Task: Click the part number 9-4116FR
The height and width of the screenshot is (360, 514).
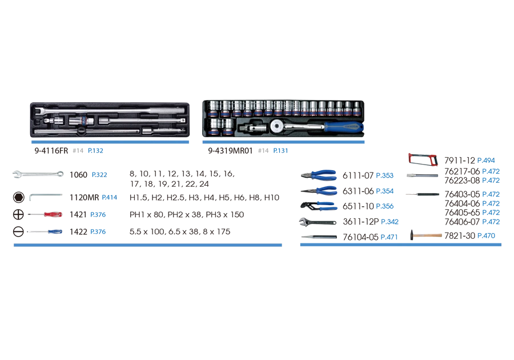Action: tap(51, 150)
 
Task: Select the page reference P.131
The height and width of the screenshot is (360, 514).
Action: tap(280, 150)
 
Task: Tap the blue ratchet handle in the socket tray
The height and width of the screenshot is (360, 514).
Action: tap(344, 127)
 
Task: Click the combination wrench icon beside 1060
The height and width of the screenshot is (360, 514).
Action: tap(38, 174)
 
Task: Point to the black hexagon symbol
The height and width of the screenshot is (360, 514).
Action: tap(19, 197)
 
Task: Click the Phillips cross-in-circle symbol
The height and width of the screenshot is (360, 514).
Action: tap(18, 215)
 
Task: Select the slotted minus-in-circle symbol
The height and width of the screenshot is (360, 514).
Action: tap(18, 232)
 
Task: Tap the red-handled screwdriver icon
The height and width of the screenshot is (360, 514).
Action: tap(45, 214)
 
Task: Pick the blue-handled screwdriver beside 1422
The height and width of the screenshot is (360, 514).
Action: tap(45, 231)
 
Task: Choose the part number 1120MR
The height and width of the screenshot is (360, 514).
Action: tap(85, 197)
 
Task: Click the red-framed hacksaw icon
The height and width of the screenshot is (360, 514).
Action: tap(423, 159)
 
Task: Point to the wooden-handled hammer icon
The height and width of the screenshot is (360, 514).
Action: tap(425, 235)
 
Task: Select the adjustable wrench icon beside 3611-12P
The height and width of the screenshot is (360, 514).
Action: tap(318, 222)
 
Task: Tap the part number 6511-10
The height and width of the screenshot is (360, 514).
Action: tap(358, 206)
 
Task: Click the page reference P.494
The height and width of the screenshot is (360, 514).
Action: tap(486, 161)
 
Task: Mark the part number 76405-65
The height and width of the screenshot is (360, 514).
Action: tap(462, 213)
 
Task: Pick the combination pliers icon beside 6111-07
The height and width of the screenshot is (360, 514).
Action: tap(319, 175)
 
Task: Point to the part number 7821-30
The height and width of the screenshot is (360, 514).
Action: tap(460, 235)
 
